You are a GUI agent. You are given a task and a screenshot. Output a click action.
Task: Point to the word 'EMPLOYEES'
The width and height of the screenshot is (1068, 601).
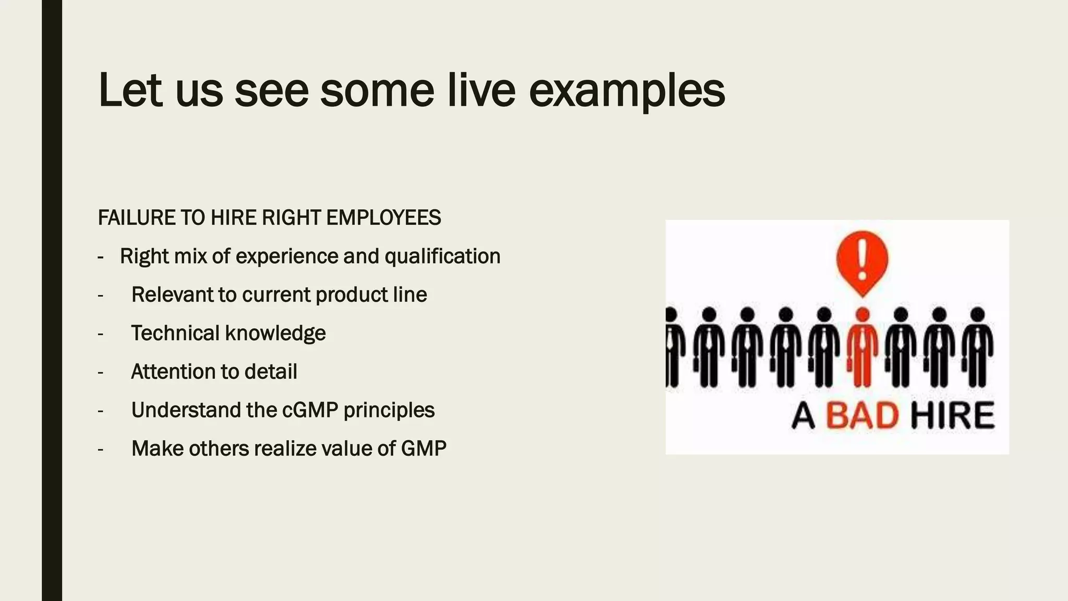pos(383,218)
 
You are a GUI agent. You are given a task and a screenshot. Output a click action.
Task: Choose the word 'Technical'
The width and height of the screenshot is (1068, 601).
pos(175,333)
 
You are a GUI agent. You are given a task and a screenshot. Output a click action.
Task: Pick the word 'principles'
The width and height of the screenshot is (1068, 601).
pos(389,411)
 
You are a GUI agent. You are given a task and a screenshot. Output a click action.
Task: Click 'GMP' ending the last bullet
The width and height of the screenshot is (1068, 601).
pos(423,449)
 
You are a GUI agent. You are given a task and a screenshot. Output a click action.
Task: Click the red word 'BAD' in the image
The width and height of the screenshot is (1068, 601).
pos(862,416)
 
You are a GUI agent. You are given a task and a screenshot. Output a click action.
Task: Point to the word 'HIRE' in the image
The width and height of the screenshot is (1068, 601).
pos(952,416)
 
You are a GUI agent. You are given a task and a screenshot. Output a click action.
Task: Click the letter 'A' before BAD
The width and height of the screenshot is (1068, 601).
pos(803,417)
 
